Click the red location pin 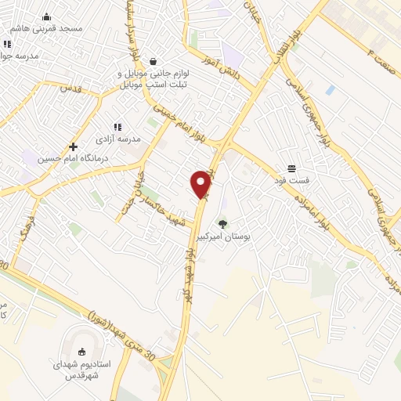coord(201,182)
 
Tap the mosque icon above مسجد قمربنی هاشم coord(46,17)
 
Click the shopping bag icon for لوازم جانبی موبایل coord(153,61)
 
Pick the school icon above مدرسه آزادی coord(117,126)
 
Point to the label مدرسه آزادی coord(117,138)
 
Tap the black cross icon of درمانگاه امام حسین coord(73,146)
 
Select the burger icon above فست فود coord(291,168)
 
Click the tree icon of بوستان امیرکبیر coord(223,223)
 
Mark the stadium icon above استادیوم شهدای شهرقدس coord(83,350)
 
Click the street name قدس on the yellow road coord(72,88)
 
